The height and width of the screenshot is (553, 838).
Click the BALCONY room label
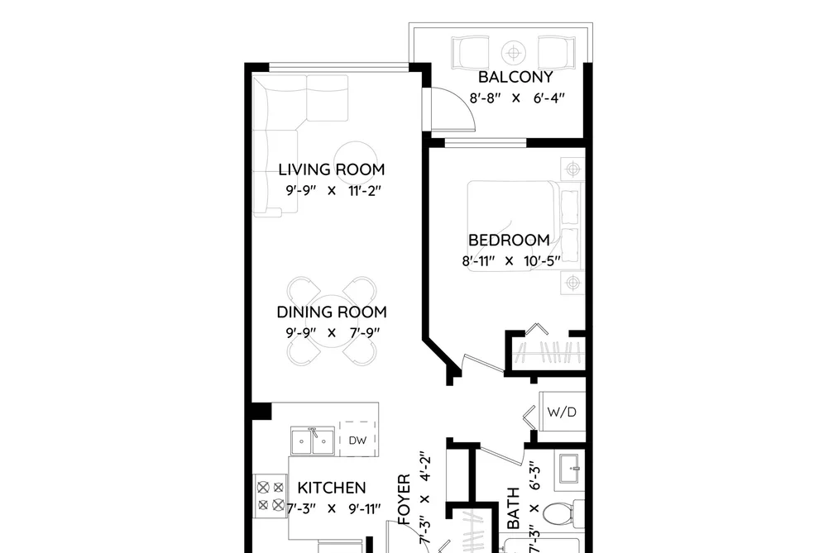pos(515,77)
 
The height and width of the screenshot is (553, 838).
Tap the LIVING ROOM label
pos(332,169)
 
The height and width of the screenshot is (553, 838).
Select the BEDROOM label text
pos(509,241)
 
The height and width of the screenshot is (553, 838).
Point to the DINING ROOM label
pos(332,312)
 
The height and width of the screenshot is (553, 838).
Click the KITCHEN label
pos(332,488)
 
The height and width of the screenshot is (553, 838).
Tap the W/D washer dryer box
pos(562,412)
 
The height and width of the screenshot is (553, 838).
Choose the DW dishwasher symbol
pos(357,439)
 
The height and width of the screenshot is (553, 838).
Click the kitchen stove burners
pos(271,496)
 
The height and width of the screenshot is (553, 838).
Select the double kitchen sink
pos(313,441)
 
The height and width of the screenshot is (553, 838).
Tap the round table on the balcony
pos(514,53)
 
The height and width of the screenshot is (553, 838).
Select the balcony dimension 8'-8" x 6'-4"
pos(517,98)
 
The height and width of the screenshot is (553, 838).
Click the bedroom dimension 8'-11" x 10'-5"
pos(511,261)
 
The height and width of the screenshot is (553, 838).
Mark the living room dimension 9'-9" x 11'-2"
pos(333,191)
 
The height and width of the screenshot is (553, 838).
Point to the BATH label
pos(513,508)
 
